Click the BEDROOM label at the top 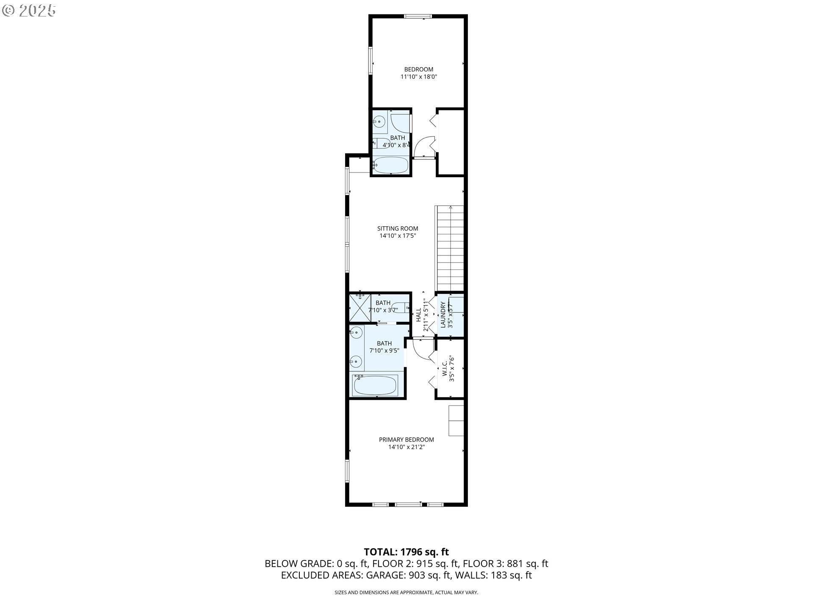coord(418,69)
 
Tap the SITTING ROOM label coord(398,228)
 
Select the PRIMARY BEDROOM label coord(406,439)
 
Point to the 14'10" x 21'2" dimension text coord(406,447)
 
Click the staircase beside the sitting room coord(449,247)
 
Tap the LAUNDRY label coord(443,315)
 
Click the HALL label coord(418,315)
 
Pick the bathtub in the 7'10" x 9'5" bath coord(375,385)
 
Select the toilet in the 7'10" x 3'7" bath coord(399,308)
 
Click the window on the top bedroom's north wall coord(418,16)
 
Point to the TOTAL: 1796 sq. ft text coord(406,552)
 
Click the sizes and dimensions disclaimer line coord(406,593)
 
